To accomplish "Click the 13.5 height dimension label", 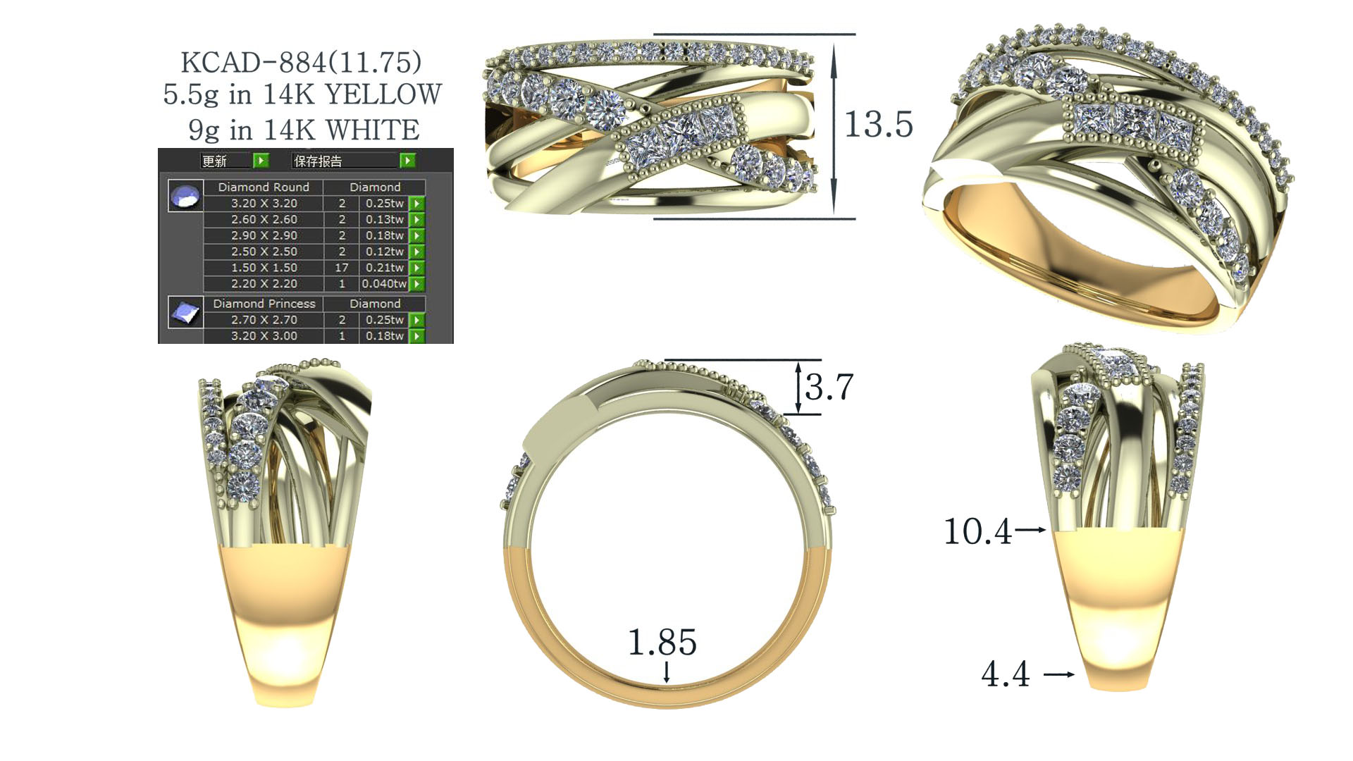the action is (x=878, y=125).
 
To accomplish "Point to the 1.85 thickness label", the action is (x=662, y=642).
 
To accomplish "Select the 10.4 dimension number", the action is (x=977, y=531).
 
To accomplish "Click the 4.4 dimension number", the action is (x=1006, y=674).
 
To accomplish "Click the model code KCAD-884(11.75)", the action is (x=302, y=62).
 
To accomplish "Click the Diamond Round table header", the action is (x=264, y=187).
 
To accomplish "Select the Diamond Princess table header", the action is (x=264, y=304).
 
